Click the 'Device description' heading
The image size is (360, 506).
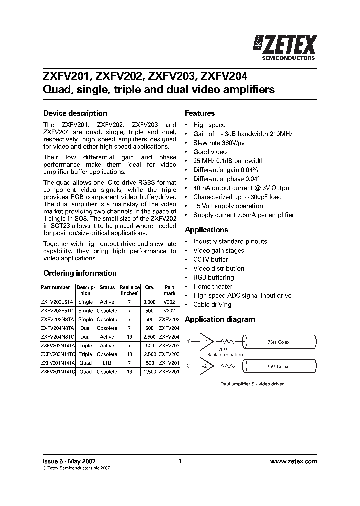point(75,113)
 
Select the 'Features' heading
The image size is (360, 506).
point(200,113)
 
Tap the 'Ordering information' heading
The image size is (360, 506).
point(80,273)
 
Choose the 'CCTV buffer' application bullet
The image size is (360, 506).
point(210,259)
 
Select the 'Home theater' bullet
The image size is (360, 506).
point(213,286)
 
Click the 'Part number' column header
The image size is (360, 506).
point(55,287)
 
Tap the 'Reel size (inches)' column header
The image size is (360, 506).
point(129,290)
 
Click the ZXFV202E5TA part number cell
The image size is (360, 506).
point(58,302)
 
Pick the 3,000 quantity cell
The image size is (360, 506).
point(149,302)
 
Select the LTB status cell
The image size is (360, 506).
point(107,363)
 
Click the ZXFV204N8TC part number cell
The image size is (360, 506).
point(58,337)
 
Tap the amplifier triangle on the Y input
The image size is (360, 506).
point(205,341)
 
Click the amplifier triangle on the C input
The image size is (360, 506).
point(205,366)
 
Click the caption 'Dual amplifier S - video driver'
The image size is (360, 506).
point(248,384)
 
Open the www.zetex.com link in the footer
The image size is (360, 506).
point(293,462)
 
